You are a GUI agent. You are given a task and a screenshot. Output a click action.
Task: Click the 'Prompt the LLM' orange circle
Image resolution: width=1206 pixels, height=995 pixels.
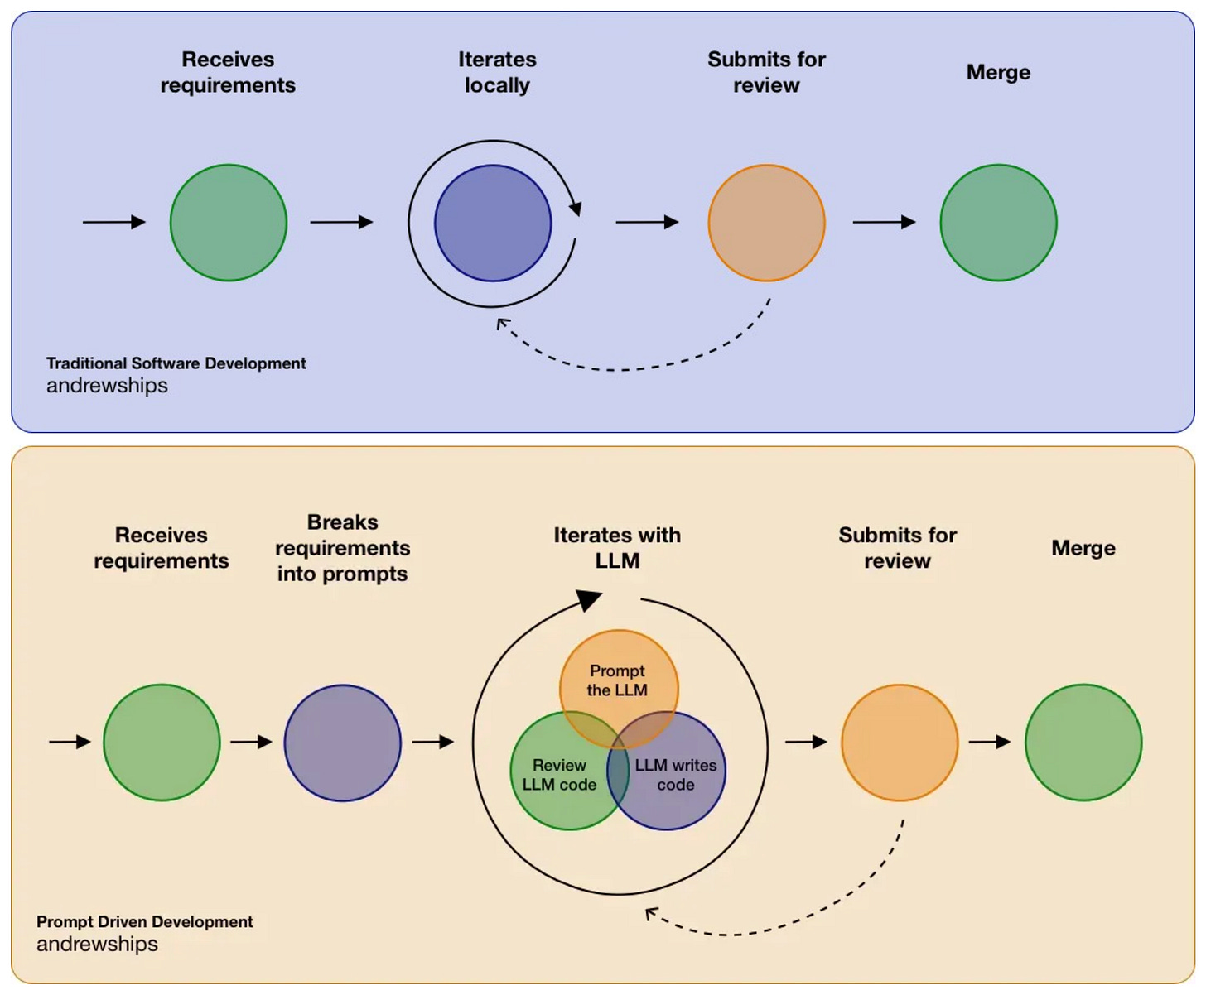coord(619,689)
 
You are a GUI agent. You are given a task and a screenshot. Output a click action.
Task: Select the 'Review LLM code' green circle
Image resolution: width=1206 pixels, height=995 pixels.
coord(569,771)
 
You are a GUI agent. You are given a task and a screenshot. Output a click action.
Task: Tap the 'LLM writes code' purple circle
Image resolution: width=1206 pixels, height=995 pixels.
coord(666,771)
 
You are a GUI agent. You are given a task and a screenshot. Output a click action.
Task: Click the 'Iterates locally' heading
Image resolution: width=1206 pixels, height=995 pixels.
coord(497,72)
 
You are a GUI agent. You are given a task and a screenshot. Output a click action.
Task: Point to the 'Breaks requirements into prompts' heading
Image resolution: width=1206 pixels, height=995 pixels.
coord(343,548)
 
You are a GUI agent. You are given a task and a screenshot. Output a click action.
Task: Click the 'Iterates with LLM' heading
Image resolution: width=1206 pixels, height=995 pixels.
coord(617,548)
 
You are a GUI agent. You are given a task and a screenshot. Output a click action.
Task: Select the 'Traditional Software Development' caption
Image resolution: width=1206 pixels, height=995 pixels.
coord(176,363)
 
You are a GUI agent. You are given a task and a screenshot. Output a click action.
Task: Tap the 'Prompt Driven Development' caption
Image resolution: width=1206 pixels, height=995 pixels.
coord(144,921)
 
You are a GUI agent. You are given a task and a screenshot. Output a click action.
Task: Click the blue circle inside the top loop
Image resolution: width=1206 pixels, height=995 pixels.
coord(493,224)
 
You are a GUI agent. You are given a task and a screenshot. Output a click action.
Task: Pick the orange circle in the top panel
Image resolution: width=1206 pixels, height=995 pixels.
coord(766,223)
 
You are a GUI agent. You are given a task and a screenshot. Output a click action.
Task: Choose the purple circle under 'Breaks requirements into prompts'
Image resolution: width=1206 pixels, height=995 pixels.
coord(343,743)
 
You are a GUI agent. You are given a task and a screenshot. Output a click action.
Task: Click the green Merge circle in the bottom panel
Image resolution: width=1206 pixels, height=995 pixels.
coord(1083,743)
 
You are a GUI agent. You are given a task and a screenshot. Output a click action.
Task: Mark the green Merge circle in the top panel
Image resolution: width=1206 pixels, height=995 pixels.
coord(998,223)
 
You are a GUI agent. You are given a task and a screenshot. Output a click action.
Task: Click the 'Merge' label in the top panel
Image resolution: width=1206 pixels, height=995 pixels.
coord(998,73)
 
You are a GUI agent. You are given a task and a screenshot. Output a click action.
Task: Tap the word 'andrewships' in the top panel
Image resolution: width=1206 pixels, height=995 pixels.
coord(107,386)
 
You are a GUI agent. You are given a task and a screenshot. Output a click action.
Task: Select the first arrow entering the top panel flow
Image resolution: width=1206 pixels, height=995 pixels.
coord(113,222)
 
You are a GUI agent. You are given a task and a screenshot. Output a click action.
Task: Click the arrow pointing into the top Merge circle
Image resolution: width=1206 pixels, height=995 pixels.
coord(885,222)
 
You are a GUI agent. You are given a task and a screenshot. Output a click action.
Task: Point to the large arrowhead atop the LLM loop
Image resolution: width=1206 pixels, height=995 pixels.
coord(589,600)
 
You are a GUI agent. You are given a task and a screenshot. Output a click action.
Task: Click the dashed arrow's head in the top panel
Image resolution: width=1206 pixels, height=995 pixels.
coord(503,324)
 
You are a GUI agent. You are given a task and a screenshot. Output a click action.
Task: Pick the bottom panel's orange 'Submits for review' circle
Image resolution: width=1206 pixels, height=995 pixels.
coord(900,743)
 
